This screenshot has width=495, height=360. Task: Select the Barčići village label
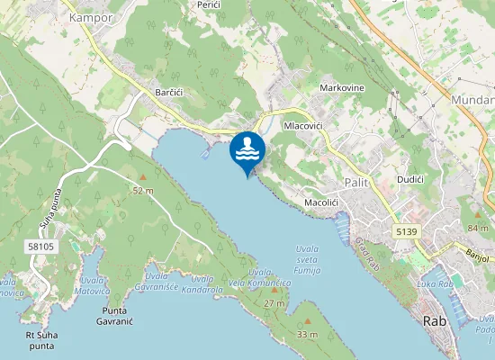click(169, 93)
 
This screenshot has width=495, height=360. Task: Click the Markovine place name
click(342, 88)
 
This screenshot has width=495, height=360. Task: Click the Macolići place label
click(321, 203)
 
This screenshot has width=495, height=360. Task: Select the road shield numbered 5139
click(406, 232)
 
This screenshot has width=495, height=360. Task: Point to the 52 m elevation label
click(143, 191)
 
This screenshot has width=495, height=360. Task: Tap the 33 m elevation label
click(308, 335)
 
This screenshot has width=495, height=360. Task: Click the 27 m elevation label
click(274, 303)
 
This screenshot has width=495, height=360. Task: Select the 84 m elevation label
click(477, 229)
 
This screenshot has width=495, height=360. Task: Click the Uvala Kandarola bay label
click(202, 284)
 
